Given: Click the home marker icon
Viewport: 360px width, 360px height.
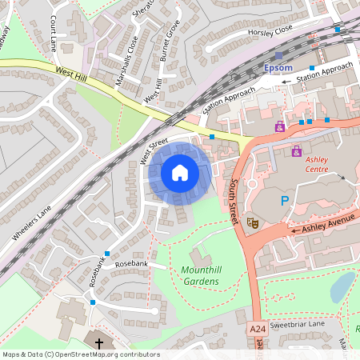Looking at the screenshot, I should (179, 173).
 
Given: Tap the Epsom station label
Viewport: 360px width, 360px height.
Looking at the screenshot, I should (279, 68).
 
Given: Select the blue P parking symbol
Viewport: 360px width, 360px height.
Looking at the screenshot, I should (284, 201).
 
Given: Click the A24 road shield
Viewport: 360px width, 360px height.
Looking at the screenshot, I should (257, 329).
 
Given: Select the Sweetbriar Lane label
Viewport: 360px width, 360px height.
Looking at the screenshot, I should (297, 325).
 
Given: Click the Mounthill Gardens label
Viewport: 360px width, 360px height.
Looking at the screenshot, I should (200, 276).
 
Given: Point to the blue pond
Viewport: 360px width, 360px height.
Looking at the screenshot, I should (342, 286).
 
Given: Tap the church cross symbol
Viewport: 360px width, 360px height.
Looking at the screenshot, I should (99, 342).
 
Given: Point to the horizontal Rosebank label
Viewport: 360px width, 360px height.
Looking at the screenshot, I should (131, 263).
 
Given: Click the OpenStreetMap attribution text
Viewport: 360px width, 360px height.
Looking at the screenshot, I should (81, 354).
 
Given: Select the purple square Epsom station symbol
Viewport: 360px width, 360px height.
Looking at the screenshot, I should (279, 56).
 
